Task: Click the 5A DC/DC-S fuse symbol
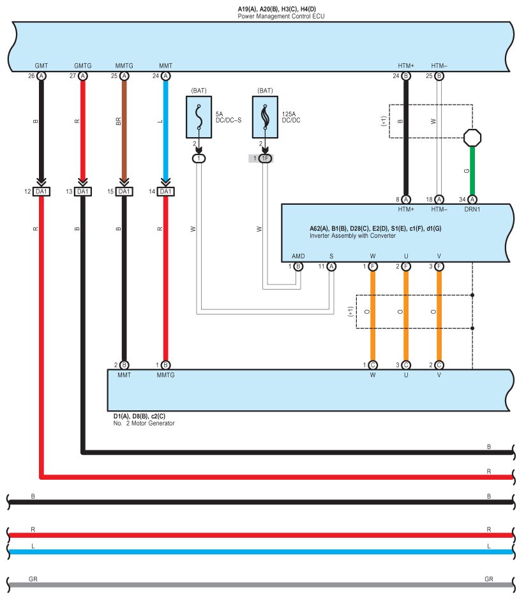click(199, 117)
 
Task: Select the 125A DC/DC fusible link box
click(265, 117)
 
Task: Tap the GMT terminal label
click(41, 66)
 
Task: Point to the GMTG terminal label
click(82, 66)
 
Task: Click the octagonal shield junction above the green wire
click(472, 137)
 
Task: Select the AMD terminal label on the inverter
click(298, 256)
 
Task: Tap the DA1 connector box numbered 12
click(41, 191)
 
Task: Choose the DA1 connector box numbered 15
click(124, 191)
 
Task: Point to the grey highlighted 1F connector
click(264, 158)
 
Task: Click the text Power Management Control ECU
click(281, 16)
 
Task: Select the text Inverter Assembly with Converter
click(352, 236)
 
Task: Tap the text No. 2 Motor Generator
click(144, 423)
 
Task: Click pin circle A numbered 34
click(472, 200)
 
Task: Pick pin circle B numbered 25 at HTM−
click(439, 76)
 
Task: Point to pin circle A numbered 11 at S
click(331, 267)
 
